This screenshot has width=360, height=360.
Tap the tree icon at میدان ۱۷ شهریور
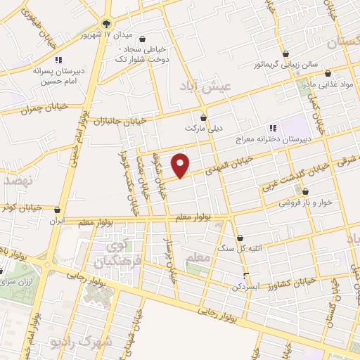point(107,24)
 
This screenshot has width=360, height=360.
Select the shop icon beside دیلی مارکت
point(204,117)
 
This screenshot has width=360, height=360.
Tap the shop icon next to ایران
point(57,209)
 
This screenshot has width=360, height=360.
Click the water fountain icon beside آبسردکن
point(245,275)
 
